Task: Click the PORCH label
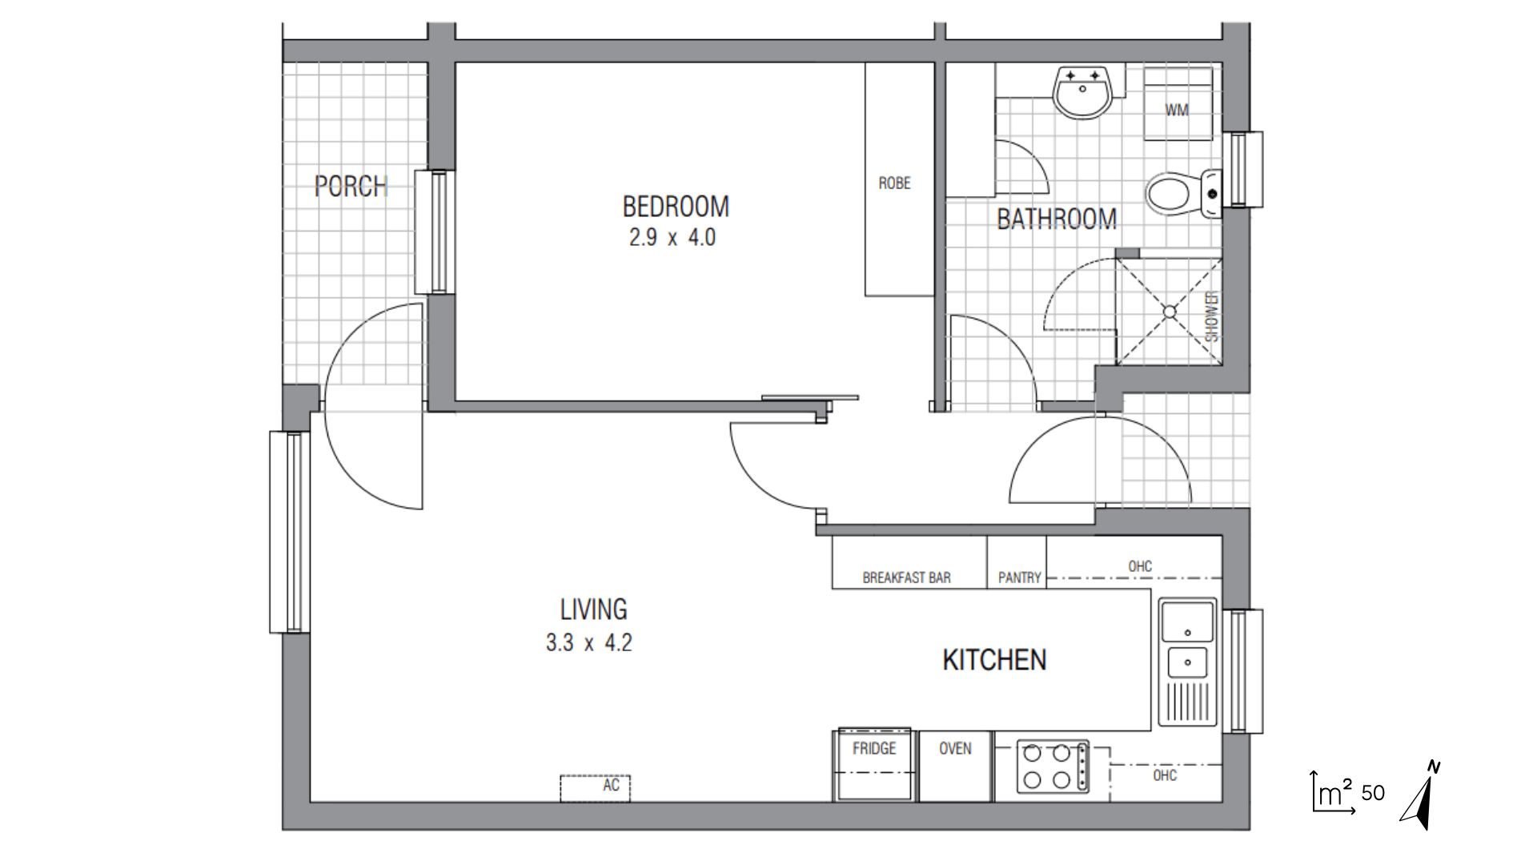(351, 187)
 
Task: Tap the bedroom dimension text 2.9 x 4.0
(672, 238)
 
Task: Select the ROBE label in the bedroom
(894, 183)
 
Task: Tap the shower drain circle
(1170, 312)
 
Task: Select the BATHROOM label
(1056, 219)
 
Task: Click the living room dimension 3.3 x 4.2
(588, 643)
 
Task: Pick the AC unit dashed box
(595, 787)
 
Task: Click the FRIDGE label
(873, 749)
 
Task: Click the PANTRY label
(1019, 577)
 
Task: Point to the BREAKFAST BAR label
(906, 577)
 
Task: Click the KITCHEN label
(994, 660)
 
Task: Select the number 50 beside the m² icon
(1372, 793)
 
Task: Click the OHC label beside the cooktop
(1165, 775)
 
